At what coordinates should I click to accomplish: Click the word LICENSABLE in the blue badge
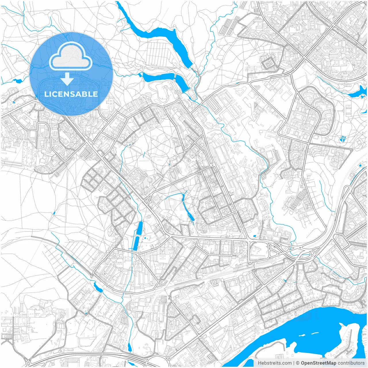71,94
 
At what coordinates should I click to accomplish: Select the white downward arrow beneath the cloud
67,79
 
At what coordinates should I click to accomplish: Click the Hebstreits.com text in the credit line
275,363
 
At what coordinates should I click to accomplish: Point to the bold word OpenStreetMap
319,363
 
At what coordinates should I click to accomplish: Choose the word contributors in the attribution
351,363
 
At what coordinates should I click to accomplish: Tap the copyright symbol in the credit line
298,363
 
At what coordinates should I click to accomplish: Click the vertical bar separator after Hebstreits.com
294,363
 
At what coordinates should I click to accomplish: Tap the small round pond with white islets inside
343,139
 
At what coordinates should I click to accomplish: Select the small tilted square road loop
269,62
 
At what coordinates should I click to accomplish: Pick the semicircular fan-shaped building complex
131,140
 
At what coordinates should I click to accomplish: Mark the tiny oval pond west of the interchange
254,237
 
